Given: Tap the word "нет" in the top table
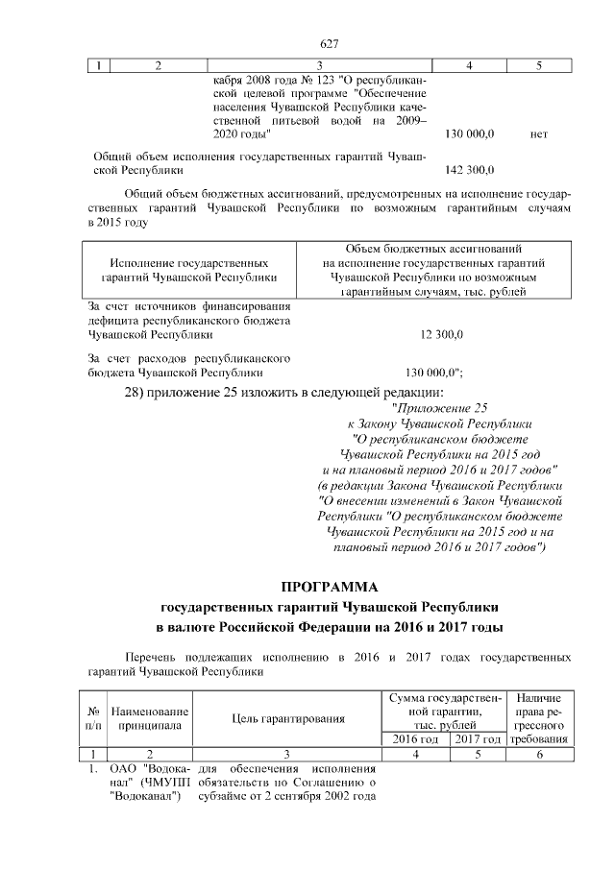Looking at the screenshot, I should (538, 134).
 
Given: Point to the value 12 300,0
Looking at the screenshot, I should (442, 335).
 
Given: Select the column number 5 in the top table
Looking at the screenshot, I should (538, 65).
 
